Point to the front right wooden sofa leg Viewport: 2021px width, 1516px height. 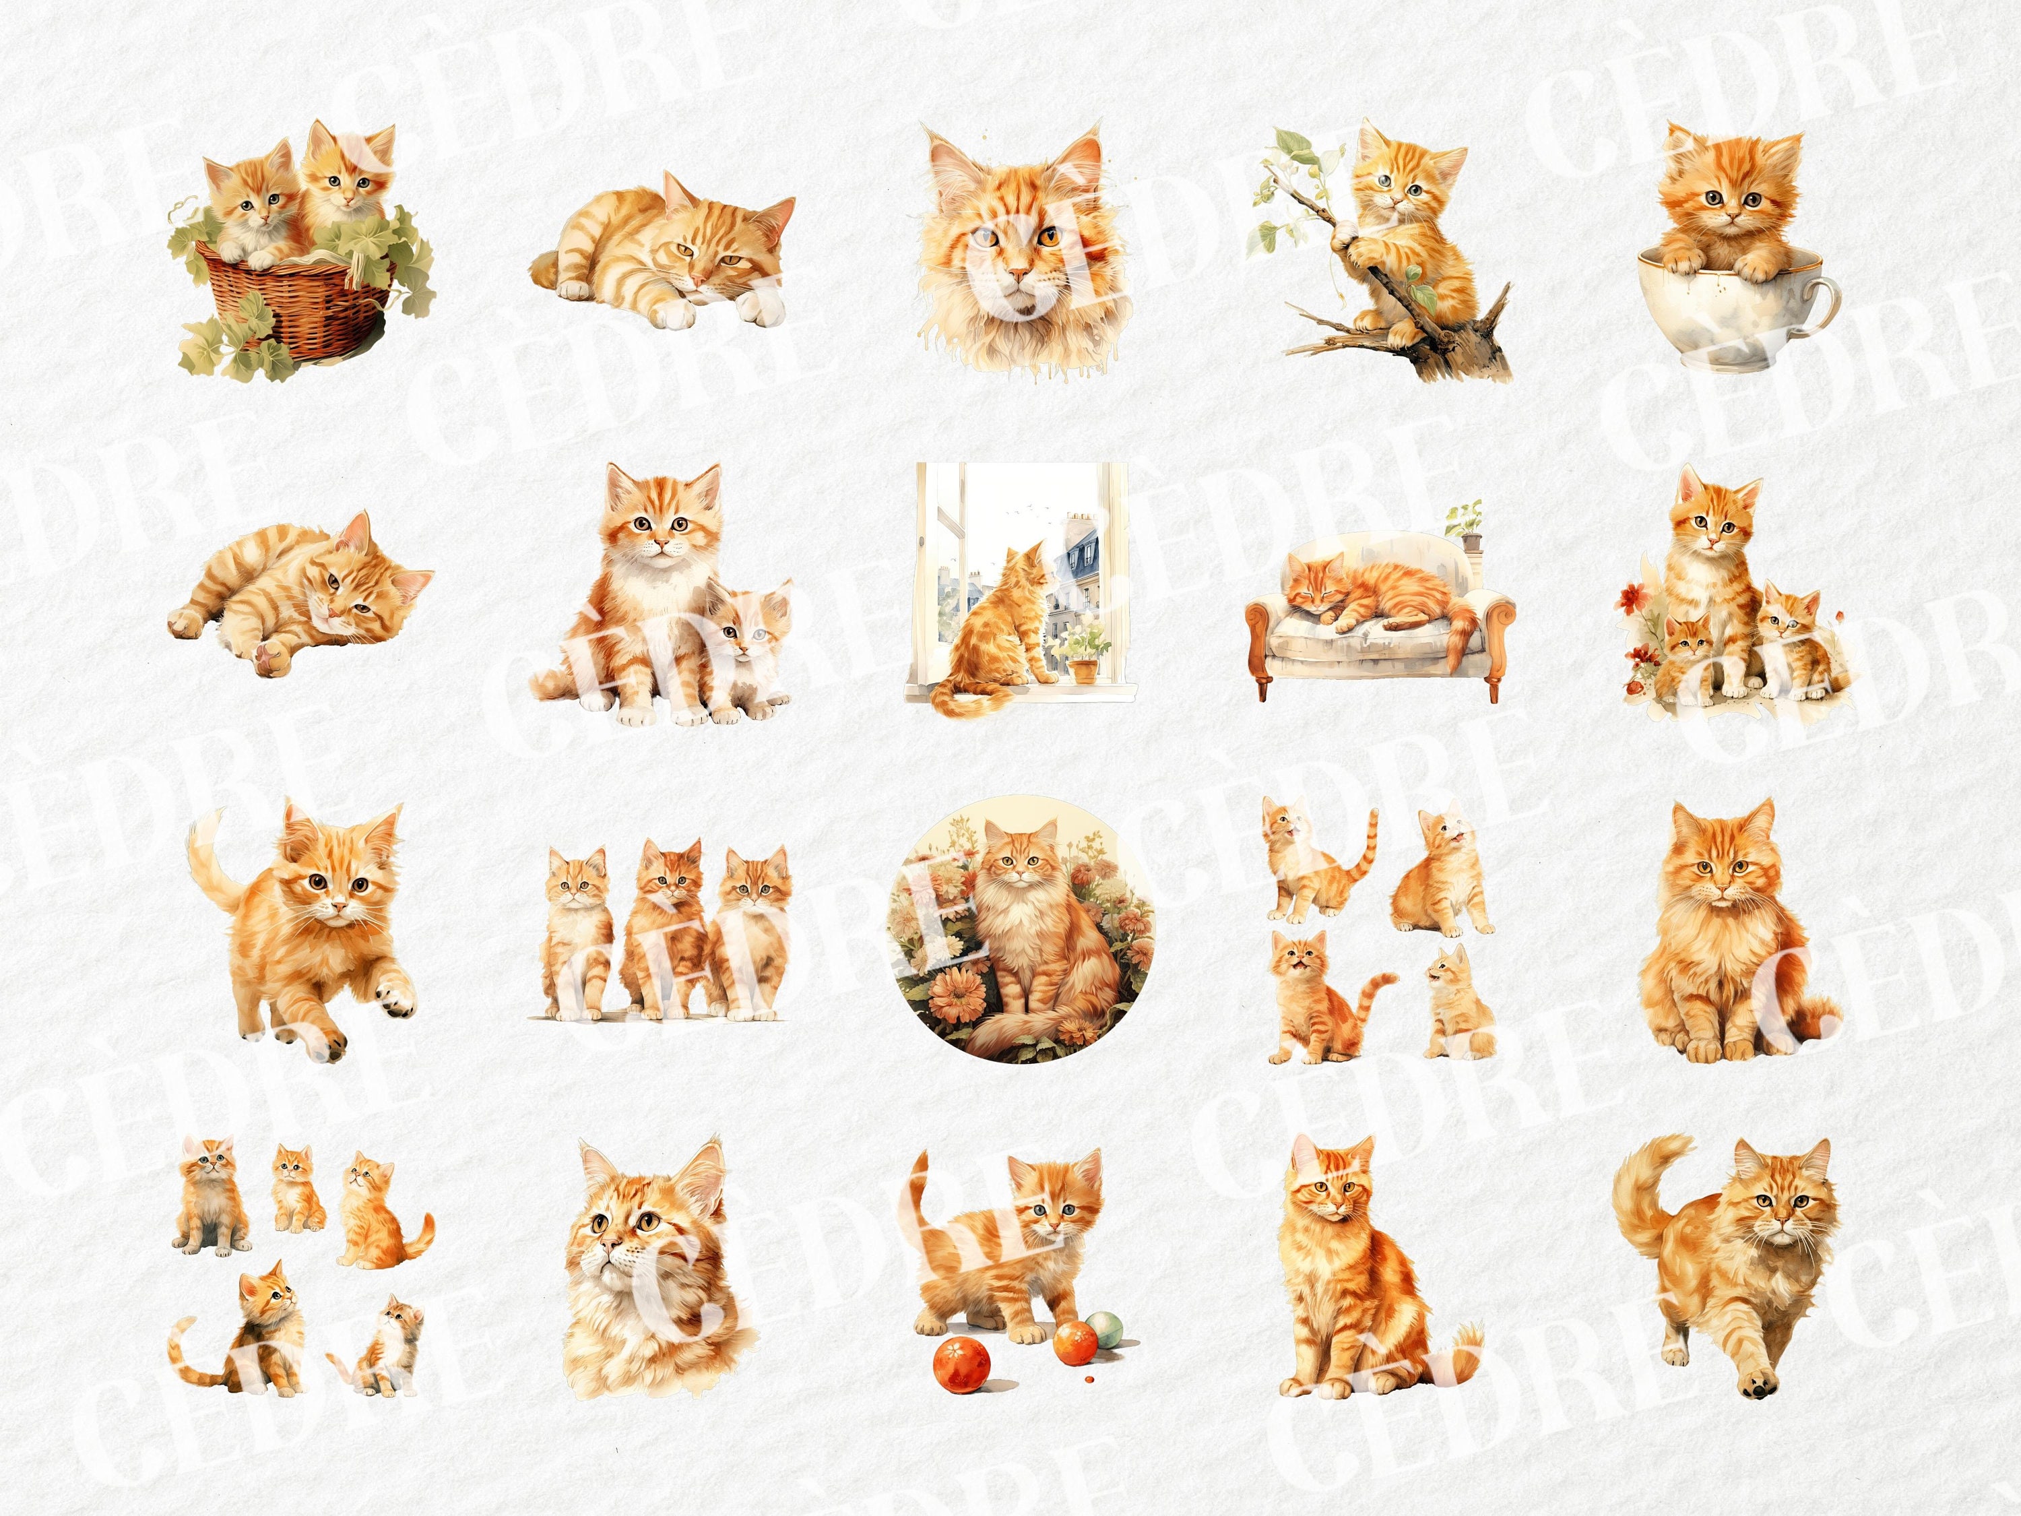[x=1495, y=685]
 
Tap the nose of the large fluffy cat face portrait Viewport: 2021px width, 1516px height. [x=1013, y=274]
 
